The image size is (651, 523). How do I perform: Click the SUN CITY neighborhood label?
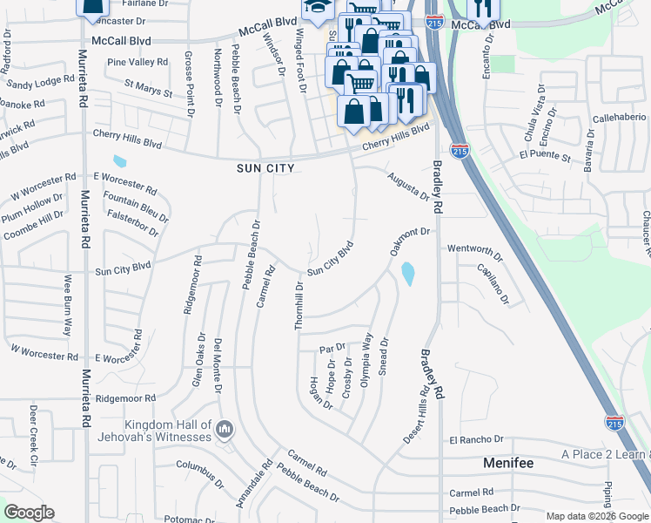(x=266, y=167)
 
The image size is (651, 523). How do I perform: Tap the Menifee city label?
(x=507, y=463)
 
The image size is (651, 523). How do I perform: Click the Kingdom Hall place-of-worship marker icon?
(x=225, y=429)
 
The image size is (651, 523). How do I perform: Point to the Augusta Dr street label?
(x=408, y=185)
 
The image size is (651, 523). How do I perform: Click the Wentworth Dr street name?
(x=475, y=252)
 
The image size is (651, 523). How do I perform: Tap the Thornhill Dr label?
(x=299, y=305)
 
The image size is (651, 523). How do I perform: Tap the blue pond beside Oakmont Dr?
(x=407, y=275)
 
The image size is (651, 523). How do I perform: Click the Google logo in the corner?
(x=29, y=513)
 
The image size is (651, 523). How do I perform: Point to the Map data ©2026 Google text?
(x=597, y=516)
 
